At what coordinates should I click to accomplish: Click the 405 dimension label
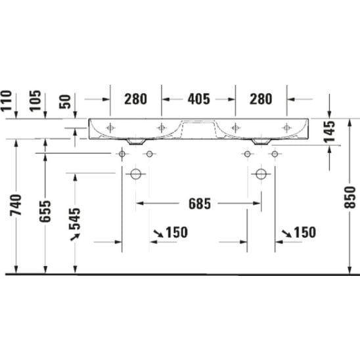coord(199,99)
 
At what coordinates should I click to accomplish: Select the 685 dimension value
coord(200,204)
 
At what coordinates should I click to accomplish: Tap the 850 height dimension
coord(349,197)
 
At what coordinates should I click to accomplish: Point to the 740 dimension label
coord(16,205)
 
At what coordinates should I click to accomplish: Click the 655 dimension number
coord(45,212)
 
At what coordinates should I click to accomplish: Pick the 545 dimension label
coord(75,219)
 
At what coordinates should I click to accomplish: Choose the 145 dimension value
coord(330,131)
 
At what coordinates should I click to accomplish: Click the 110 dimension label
coord(6,101)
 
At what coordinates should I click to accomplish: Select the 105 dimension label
coord(35,101)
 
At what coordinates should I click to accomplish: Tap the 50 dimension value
coord(65,102)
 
